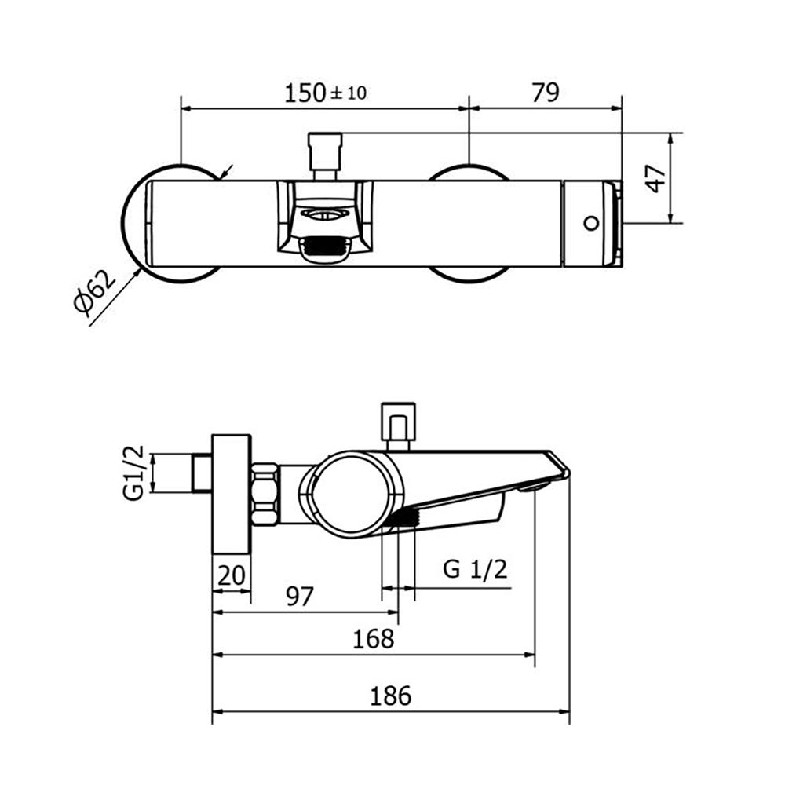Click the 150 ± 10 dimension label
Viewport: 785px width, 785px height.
pyautogui.click(x=326, y=93)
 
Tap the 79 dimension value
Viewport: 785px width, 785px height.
pyautogui.click(x=546, y=92)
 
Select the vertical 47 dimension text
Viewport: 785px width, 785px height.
pyautogui.click(x=657, y=178)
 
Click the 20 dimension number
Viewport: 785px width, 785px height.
pyautogui.click(x=232, y=575)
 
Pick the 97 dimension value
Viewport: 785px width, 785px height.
pyautogui.click(x=299, y=597)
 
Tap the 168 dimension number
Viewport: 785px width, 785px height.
pyautogui.click(x=374, y=639)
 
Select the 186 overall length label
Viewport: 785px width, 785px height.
pyautogui.click(x=390, y=696)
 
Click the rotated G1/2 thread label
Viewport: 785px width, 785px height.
pyautogui.click(x=133, y=473)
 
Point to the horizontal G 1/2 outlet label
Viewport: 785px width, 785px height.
pyautogui.click(x=475, y=569)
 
